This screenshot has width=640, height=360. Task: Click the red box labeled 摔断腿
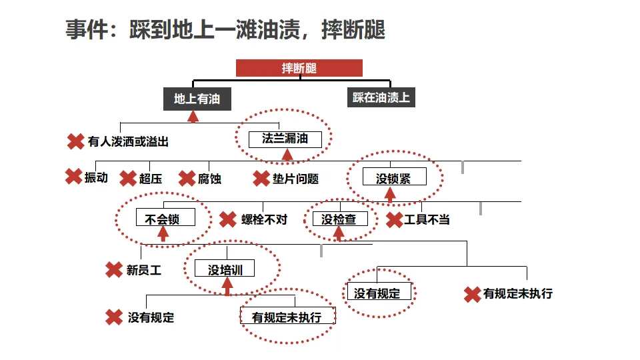coord(299,68)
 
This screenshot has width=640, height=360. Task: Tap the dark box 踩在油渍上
coord(381,97)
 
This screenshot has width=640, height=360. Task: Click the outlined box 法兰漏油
coord(285,139)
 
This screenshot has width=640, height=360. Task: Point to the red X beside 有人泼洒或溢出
coord(75,141)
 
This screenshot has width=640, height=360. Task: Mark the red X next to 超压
coord(128,179)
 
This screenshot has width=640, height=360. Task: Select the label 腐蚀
coord(209,179)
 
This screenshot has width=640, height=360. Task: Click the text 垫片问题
coord(295,179)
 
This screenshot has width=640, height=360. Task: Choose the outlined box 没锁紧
coord(393,177)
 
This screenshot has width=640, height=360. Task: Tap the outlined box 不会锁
coord(163,218)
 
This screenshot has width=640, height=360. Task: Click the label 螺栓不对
coord(264,219)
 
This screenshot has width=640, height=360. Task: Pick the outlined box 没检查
coord(339,219)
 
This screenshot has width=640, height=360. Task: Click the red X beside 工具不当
coord(394,219)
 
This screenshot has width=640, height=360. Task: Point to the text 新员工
coord(144,270)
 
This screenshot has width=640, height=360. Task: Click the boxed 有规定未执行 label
coord(287,317)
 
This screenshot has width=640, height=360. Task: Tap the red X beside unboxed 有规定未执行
coord(472,294)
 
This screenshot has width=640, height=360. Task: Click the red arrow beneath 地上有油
coord(193,117)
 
